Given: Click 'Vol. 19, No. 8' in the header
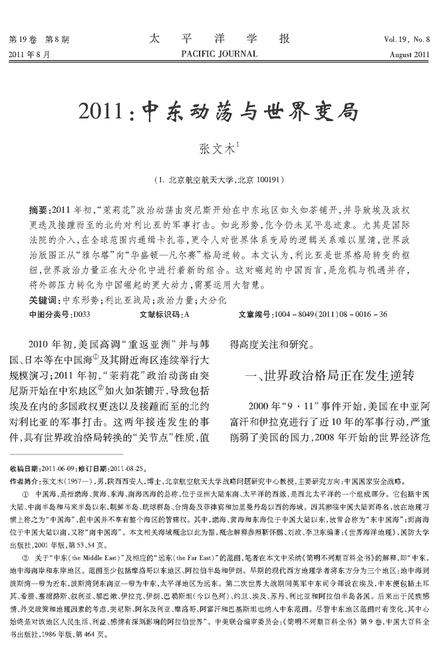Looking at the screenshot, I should pyautogui.click(x=406, y=39).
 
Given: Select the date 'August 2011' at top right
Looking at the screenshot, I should pyautogui.click(x=410, y=54).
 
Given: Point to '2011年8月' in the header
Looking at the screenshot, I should pyautogui.click(x=29, y=54).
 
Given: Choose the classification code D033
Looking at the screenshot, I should pyautogui.click(x=79, y=313).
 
